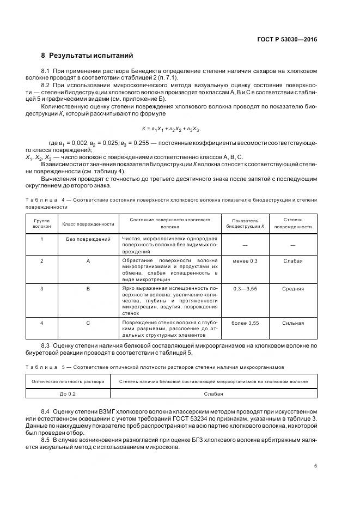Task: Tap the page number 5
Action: (x=316, y=466)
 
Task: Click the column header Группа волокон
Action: (x=41, y=223)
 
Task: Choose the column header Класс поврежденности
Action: (x=88, y=223)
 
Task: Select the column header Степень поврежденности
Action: (x=292, y=223)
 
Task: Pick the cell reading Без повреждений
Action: (x=88, y=239)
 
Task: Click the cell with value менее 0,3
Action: (x=245, y=261)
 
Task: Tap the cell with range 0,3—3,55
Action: (x=245, y=288)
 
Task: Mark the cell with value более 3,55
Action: (x=245, y=323)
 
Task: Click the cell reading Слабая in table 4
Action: (x=292, y=261)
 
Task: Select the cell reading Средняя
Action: (x=292, y=288)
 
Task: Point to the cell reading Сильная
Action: (x=292, y=323)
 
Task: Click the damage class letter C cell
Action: (x=88, y=323)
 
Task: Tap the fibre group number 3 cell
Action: (x=41, y=288)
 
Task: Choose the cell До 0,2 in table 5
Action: (x=68, y=393)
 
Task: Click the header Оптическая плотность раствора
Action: (x=68, y=381)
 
